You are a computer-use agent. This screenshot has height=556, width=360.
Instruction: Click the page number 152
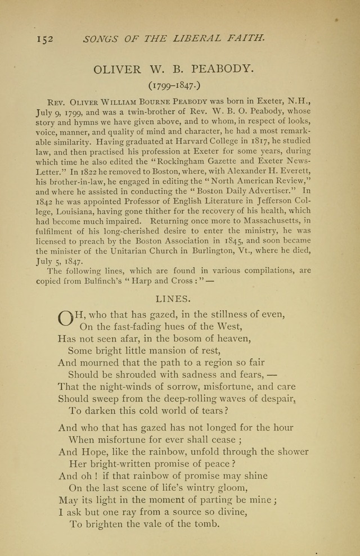tap(44, 39)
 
